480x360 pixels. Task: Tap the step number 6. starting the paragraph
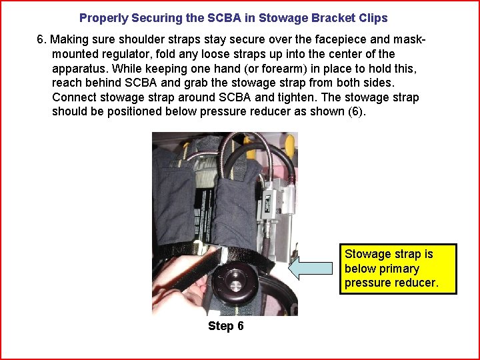point(42,40)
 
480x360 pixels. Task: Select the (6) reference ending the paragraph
point(356,111)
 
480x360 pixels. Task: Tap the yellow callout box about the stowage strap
point(398,269)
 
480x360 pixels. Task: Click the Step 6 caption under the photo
point(225,326)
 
